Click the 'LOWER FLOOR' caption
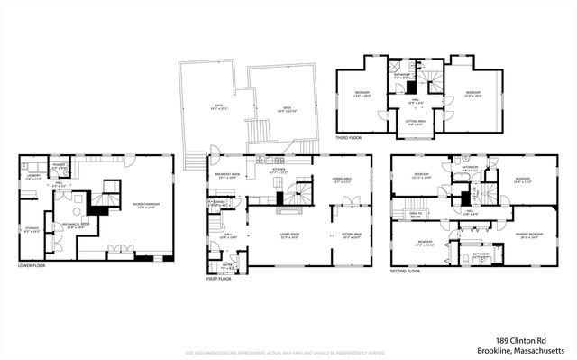point(33,265)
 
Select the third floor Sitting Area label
point(415,121)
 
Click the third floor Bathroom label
point(402,76)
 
